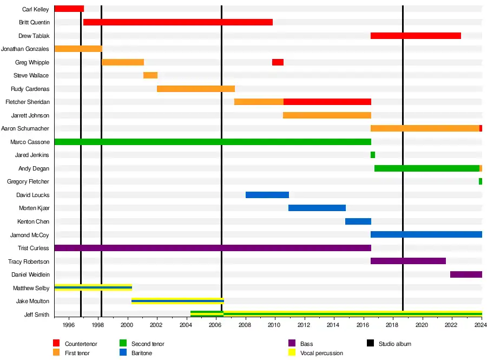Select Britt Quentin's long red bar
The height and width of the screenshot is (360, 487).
coord(177,22)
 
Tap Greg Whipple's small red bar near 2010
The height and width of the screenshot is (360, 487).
coord(278,62)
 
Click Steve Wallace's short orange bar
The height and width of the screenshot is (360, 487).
coord(150,75)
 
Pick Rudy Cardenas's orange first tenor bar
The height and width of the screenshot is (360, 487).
coord(195,89)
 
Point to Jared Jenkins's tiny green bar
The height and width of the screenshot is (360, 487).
coord(373,155)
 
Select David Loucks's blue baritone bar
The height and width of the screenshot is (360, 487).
coord(267,195)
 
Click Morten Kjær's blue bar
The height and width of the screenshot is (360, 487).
coord(317,208)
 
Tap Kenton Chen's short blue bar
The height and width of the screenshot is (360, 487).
coord(358,221)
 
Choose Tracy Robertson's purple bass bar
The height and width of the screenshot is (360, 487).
coord(408,261)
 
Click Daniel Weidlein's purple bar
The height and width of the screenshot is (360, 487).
coord(466,274)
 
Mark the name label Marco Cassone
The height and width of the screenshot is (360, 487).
coord(30,142)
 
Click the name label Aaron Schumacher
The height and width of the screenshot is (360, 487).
coord(25,129)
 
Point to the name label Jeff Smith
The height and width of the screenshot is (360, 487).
coord(37,315)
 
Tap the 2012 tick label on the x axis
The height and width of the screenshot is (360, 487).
coord(304,325)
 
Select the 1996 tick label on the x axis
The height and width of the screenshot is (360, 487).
coord(69,325)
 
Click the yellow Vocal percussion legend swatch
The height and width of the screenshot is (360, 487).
coord(292,353)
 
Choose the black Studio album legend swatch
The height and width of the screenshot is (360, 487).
coord(370,344)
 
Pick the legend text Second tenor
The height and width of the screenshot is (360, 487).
coord(148,344)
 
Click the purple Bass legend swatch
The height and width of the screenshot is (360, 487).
coord(292,344)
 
